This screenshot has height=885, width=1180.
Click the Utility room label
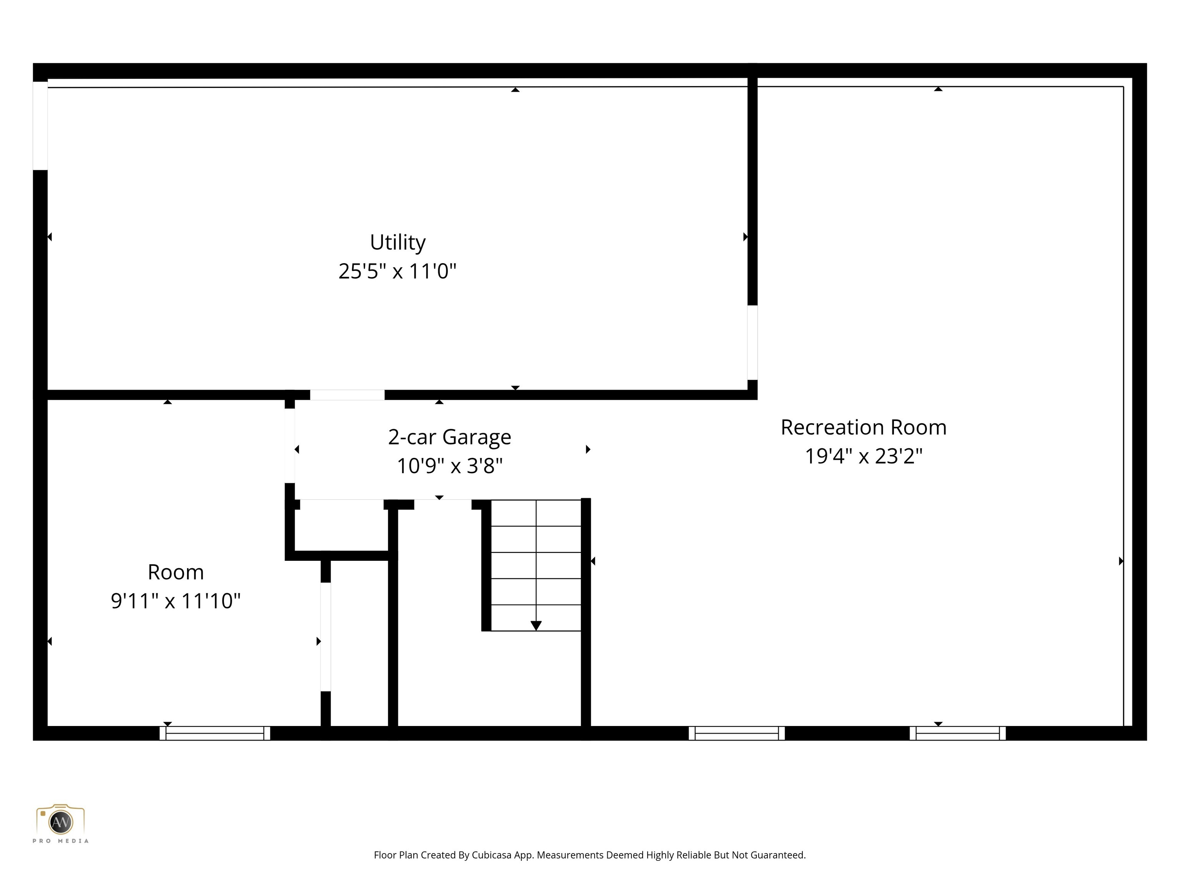[398, 242]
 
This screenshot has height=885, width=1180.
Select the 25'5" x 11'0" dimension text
[398, 272]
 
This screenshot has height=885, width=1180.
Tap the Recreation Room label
[863, 427]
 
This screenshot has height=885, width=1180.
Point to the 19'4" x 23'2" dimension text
[863, 456]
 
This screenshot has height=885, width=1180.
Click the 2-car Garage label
[449, 437]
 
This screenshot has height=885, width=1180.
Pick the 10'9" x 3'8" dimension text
[449, 466]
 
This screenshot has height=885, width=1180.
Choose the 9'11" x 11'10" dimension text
[176, 601]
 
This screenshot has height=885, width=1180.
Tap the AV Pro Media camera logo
[60, 822]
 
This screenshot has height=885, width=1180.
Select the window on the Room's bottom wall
[215, 733]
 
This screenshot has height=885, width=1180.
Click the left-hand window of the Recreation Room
[737, 733]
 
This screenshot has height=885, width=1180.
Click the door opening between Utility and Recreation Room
[752, 343]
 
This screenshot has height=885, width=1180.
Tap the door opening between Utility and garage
[347, 395]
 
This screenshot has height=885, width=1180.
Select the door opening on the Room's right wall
[325, 636]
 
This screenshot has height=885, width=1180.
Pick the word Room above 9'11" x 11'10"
[176, 572]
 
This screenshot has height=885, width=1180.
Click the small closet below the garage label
[341, 525]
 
